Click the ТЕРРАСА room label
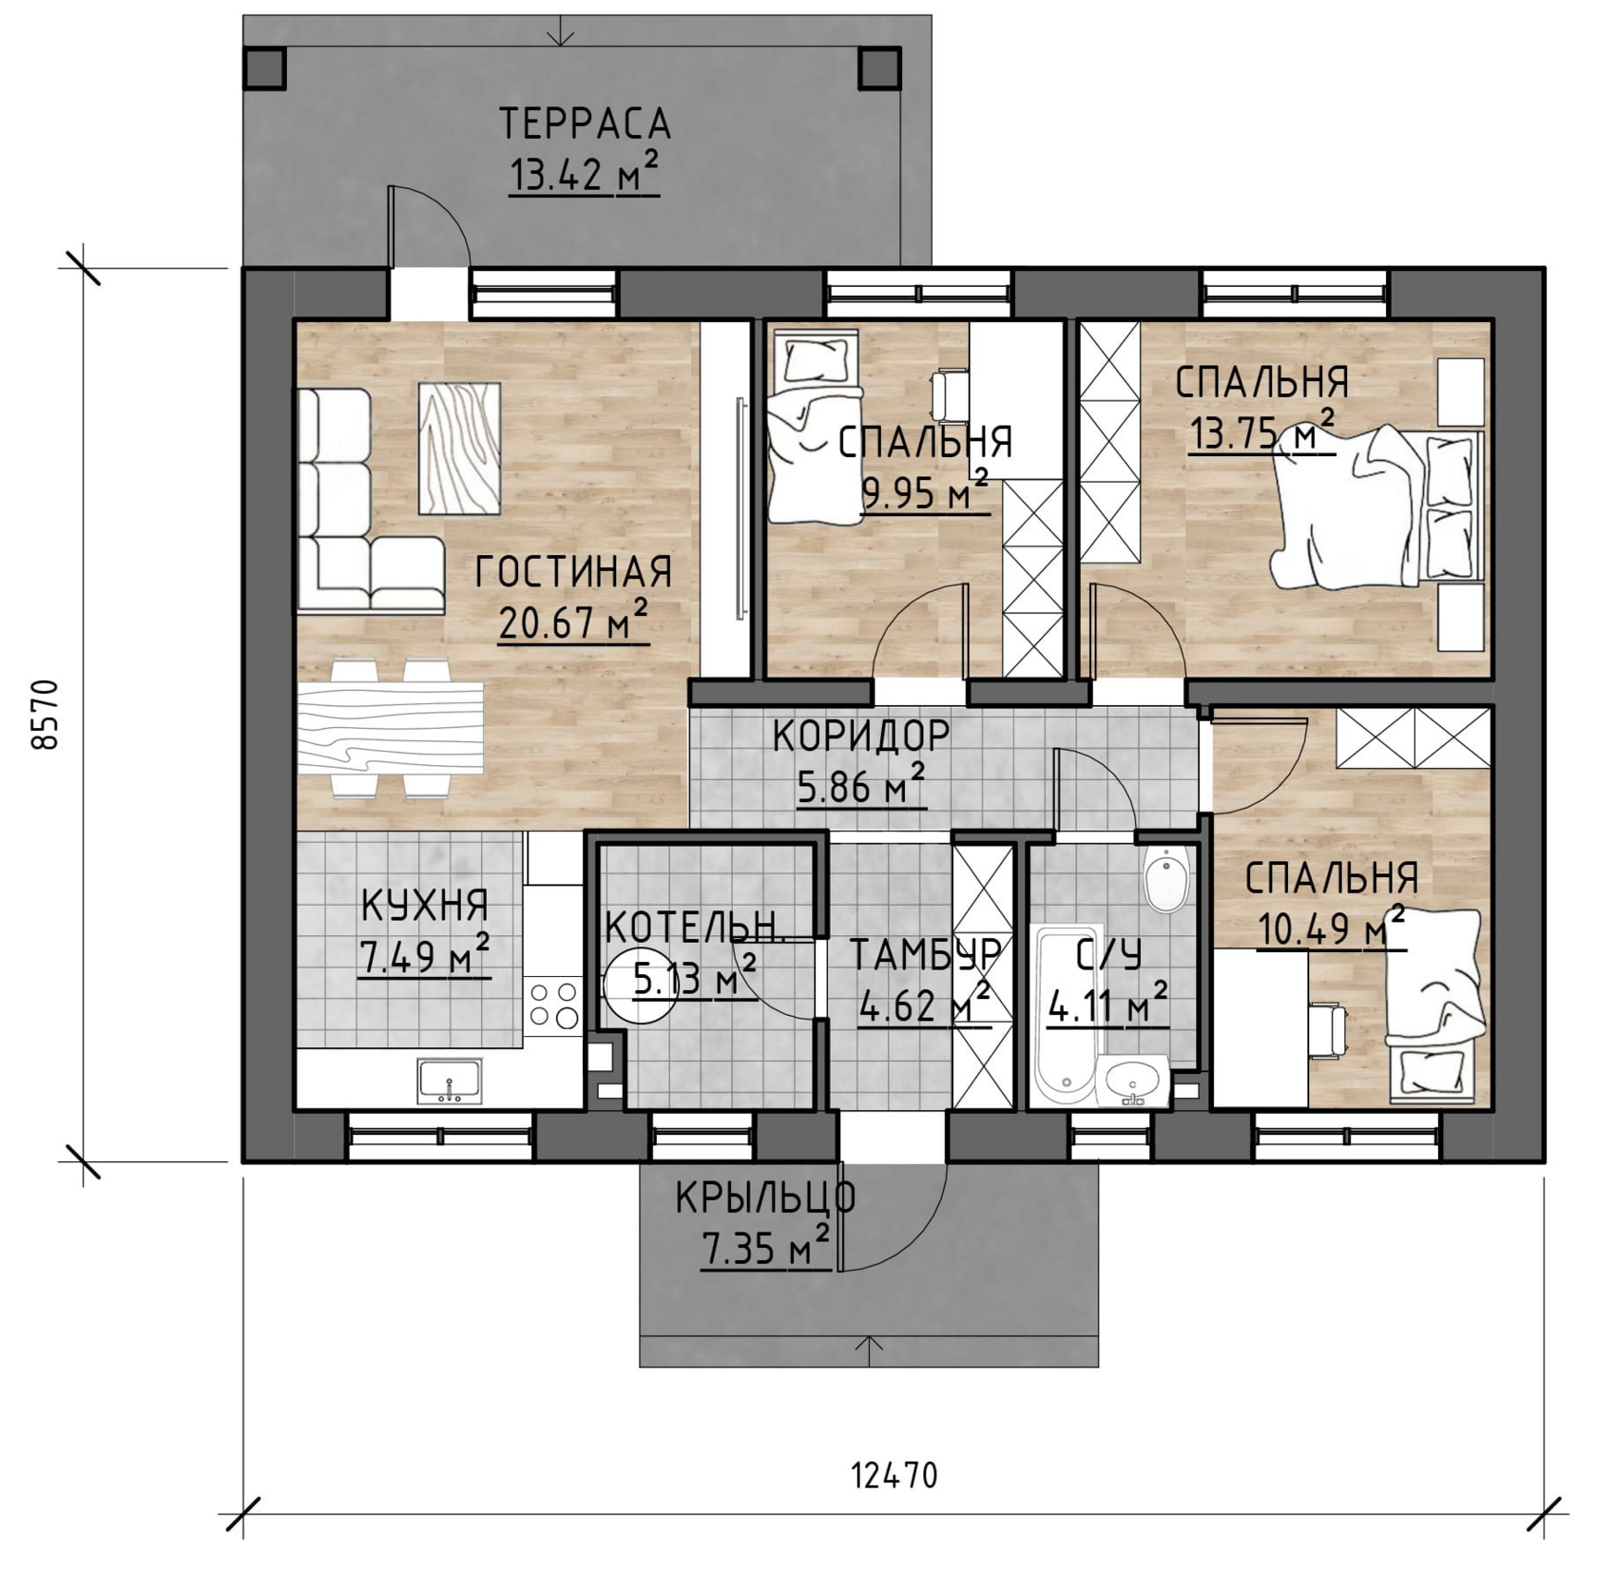pyautogui.click(x=585, y=124)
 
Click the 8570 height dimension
pyautogui.click(x=45, y=715)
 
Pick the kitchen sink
pyautogui.click(x=450, y=1082)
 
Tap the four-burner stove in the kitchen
pyautogui.click(x=553, y=1005)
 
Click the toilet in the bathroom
pyautogui.click(x=1166, y=879)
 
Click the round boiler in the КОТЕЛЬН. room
pyautogui.click(x=641, y=987)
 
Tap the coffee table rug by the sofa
pyautogui.click(x=460, y=449)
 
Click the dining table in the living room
pyautogui.click(x=390, y=728)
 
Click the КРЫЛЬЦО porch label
pyautogui.click(x=765, y=1199)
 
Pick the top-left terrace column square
pyautogui.click(x=265, y=67)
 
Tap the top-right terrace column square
pyautogui.click(x=880, y=67)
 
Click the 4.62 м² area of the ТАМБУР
pyautogui.click(x=924, y=1004)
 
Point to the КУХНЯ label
pyautogui.click(x=425, y=906)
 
